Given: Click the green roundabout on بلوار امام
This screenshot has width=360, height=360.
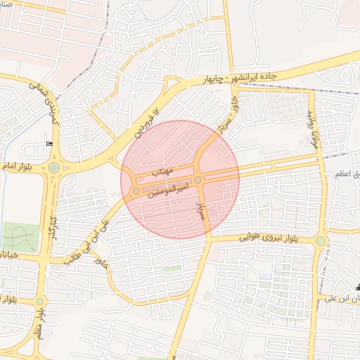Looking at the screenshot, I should tap(54, 168).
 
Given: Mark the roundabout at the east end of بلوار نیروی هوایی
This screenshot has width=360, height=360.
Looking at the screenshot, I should tap(321, 241).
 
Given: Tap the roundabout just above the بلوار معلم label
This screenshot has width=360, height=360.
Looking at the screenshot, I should tap(40, 301).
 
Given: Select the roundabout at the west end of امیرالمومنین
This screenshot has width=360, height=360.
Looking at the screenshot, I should tap(136, 191).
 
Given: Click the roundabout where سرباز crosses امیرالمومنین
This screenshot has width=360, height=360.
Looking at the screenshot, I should tap(198, 180).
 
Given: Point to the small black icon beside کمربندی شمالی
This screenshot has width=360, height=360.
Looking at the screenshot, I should tap(49, 144).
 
